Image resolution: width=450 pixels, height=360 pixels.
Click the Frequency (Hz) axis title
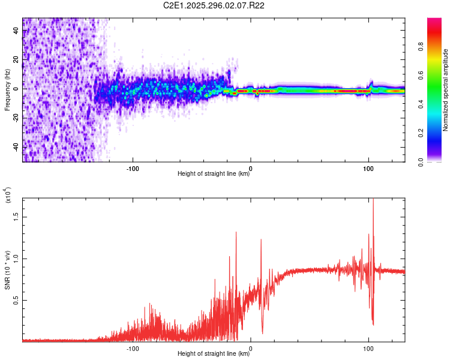click(x=7, y=90)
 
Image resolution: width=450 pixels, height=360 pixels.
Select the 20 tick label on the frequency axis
click(x=16, y=59)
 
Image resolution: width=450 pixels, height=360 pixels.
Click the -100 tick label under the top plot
click(x=133, y=167)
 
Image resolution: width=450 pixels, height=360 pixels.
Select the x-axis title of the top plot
click(x=214, y=174)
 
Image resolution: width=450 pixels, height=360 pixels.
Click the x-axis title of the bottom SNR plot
click(x=214, y=354)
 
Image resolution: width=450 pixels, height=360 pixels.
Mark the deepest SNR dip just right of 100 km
click(x=373, y=324)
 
